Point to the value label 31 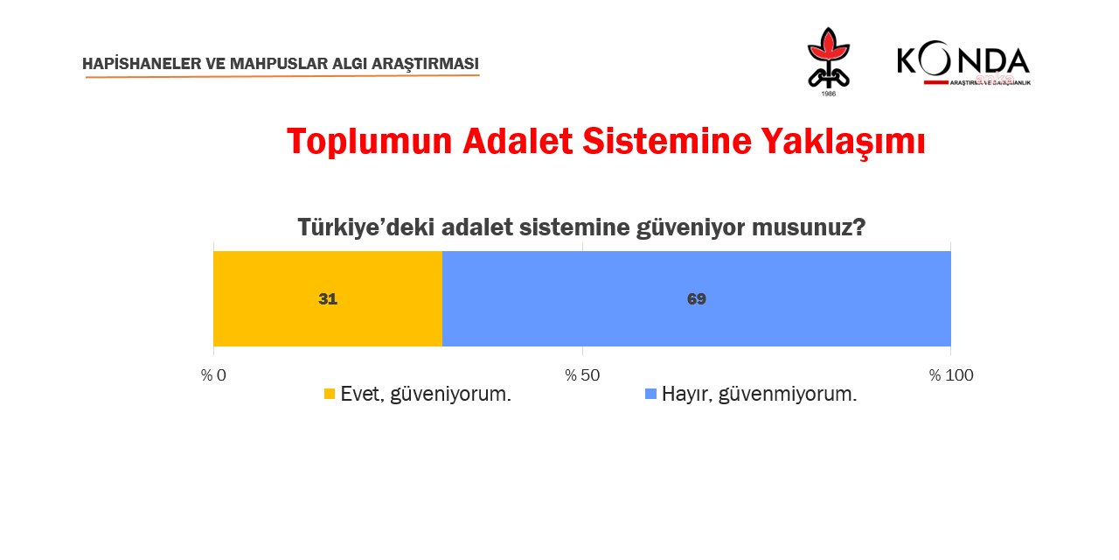pos(328,299)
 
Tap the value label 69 pos(696,299)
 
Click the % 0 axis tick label pos(213,375)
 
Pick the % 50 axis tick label pos(582,375)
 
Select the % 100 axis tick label pos(950,375)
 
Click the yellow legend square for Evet pos(330,395)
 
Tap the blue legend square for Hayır pos(650,395)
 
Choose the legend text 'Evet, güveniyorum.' pos(426,395)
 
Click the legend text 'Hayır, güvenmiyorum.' pos(759,395)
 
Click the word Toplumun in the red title pos(368,142)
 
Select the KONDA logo pos(963,64)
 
